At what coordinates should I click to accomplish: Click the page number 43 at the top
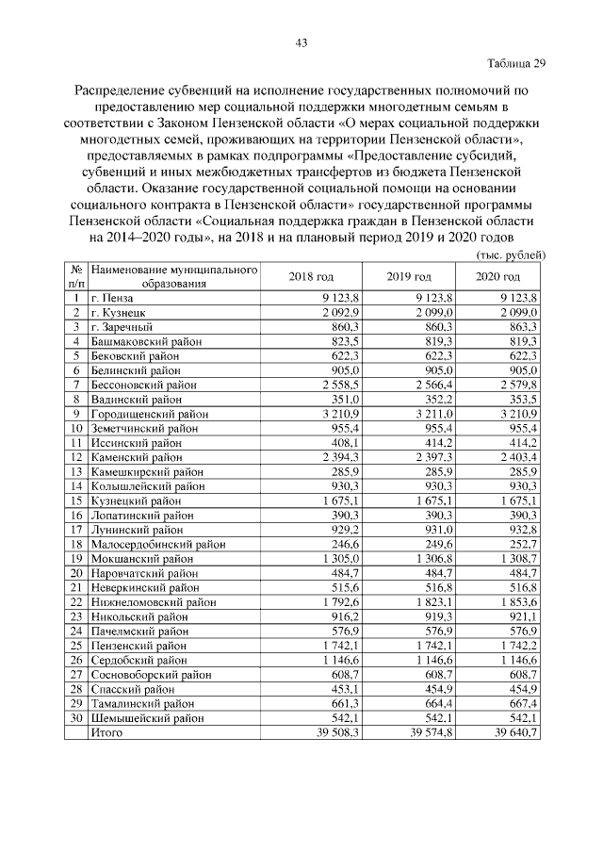301,42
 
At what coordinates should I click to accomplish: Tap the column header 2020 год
498,276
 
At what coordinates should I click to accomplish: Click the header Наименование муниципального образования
174,276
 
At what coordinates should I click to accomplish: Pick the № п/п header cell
75,276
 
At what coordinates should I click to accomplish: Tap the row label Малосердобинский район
157,545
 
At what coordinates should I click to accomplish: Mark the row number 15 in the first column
75,501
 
